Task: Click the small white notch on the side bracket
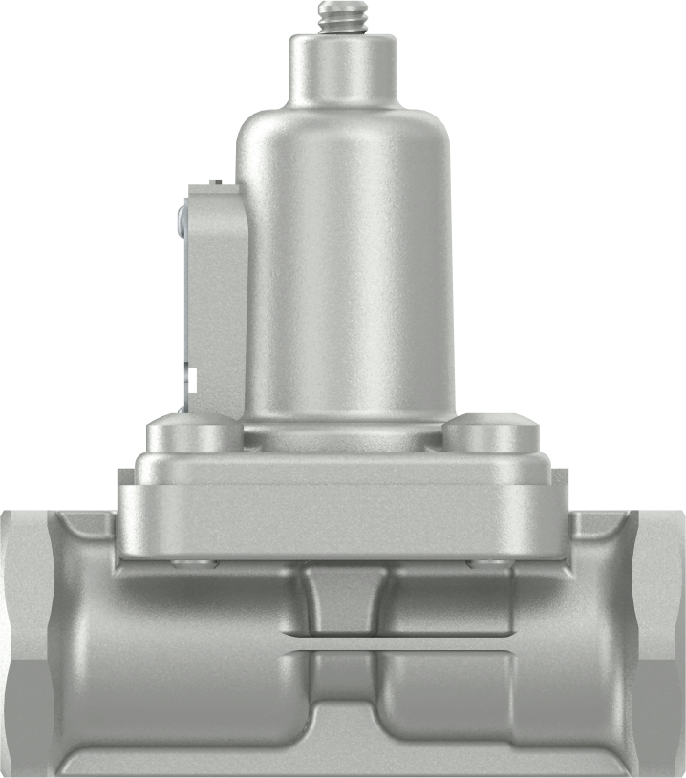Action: (x=191, y=378)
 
